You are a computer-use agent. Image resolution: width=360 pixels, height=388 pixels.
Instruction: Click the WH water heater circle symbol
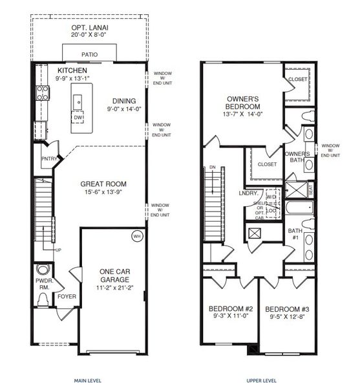pyautogui.click(x=136, y=235)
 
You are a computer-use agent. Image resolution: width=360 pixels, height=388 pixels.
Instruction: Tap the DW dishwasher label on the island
pyautogui.click(x=78, y=118)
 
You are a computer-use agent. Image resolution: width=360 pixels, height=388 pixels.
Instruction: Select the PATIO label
pyautogui.click(x=90, y=55)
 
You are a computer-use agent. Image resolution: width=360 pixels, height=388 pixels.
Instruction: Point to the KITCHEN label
pyautogui.click(x=72, y=70)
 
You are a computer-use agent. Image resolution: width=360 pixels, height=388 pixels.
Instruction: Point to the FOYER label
pyautogui.click(x=67, y=297)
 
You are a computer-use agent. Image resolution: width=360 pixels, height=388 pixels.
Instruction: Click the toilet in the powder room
pyautogui.click(x=43, y=299)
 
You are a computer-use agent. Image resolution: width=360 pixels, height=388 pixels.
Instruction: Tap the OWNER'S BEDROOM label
pyautogui.click(x=242, y=102)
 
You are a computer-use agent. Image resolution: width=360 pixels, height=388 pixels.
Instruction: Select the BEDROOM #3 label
pyautogui.click(x=286, y=308)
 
